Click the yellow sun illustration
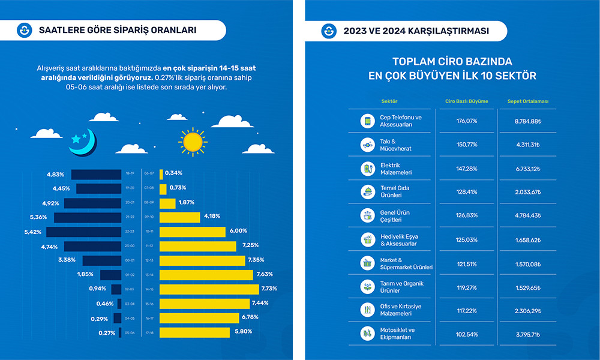(x=192, y=142)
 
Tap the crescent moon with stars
(x=83, y=140)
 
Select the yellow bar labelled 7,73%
(x=209, y=289)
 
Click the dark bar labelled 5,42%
(x=84, y=232)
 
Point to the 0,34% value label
(x=174, y=174)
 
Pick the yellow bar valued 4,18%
(x=179, y=217)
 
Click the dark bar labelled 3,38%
(x=102, y=260)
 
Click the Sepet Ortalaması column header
(x=528, y=101)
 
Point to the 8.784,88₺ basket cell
(x=528, y=121)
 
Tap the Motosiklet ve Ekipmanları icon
(x=367, y=333)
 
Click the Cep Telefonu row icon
(x=367, y=121)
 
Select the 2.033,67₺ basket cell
(x=528, y=192)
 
